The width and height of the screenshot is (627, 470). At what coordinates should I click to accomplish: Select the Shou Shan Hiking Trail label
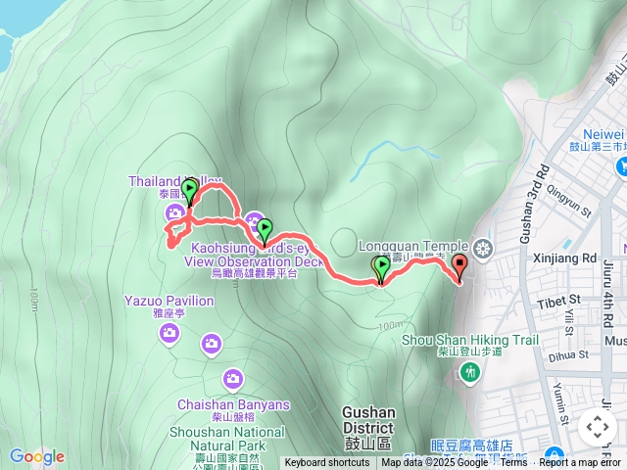pyautogui.click(x=470, y=341)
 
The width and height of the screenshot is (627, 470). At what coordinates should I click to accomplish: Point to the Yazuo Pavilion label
pyautogui.click(x=169, y=301)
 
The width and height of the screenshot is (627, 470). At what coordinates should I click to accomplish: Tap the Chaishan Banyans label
pyautogui.click(x=233, y=404)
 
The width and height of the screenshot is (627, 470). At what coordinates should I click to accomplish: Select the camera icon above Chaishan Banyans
pyautogui.click(x=233, y=377)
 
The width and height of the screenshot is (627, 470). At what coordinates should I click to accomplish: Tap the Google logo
pyautogui.click(x=36, y=456)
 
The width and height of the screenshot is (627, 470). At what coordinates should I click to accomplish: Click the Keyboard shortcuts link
pyautogui.click(x=327, y=463)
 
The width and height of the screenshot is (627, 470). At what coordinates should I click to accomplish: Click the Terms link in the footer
pyautogui.click(x=513, y=463)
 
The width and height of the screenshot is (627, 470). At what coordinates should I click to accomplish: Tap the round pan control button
pyautogui.click(x=598, y=427)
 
